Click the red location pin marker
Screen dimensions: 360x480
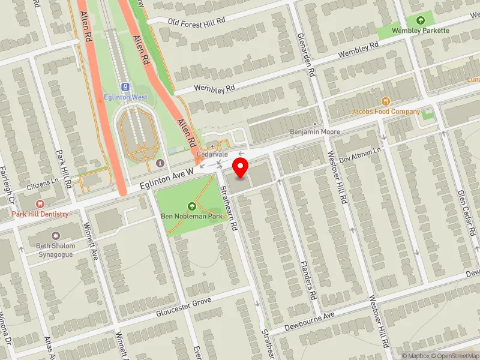point(241,167)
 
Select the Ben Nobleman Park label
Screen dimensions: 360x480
point(191,216)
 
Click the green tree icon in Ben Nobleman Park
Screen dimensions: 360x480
point(191,206)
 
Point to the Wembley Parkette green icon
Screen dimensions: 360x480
point(428,20)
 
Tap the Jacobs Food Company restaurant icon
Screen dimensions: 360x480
point(386,101)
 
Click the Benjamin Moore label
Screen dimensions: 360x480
point(315,132)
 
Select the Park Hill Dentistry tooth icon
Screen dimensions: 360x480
point(40,205)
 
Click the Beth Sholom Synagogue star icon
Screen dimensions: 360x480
point(56,236)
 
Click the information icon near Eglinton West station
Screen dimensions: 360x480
point(160,163)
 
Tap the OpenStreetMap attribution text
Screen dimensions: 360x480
point(454,356)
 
